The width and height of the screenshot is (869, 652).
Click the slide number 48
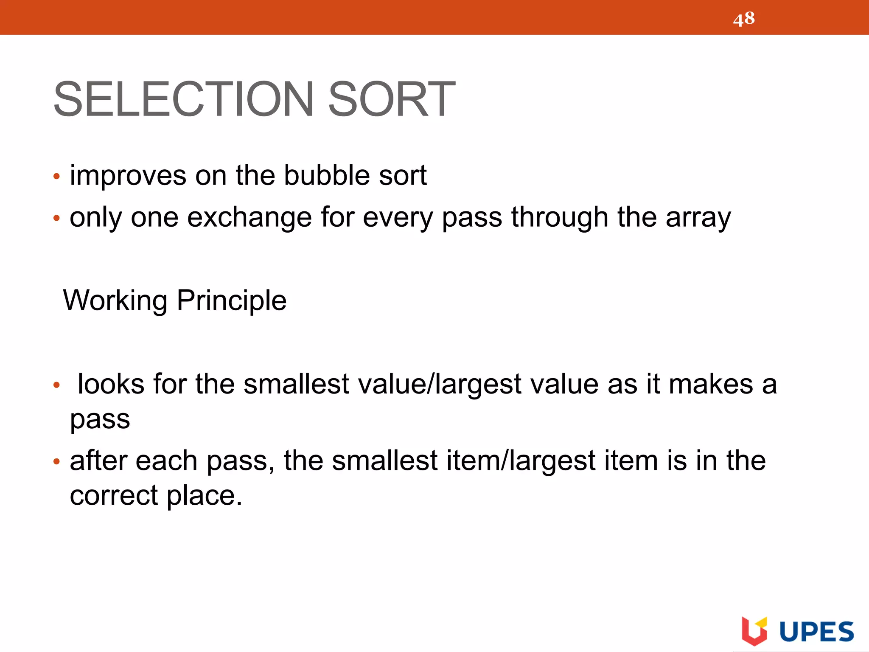(x=744, y=19)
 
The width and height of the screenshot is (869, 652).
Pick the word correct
(x=114, y=495)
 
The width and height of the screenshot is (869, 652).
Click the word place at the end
(x=204, y=496)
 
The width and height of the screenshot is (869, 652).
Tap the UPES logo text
(x=816, y=632)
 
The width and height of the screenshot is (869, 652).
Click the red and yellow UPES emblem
(x=754, y=631)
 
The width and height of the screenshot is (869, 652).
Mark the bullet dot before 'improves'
(x=56, y=177)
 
